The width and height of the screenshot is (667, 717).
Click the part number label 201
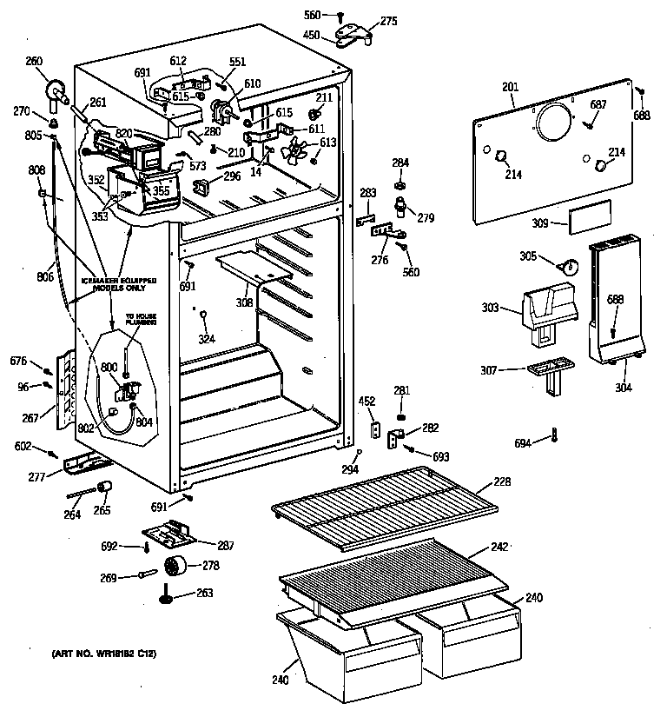(510, 87)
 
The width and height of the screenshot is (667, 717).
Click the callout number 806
(45, 277)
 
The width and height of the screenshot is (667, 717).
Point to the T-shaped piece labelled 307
(551, 372)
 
